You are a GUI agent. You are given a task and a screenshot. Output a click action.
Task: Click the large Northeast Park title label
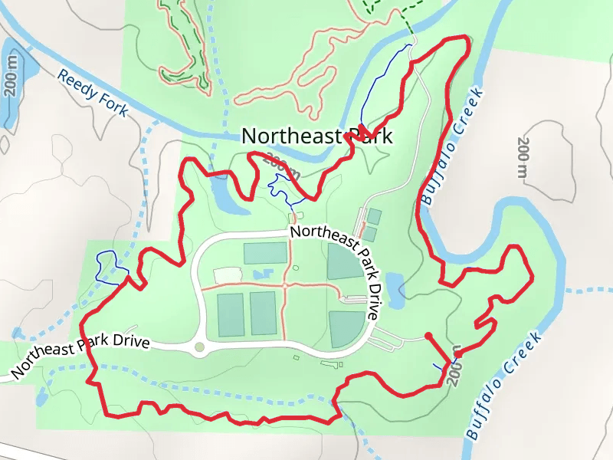click(316, 136)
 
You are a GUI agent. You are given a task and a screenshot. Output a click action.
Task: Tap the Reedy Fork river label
click(93, 94)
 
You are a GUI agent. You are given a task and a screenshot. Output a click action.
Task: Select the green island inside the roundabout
click(200, 347)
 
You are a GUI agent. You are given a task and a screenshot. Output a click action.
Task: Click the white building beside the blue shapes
click(227, 274)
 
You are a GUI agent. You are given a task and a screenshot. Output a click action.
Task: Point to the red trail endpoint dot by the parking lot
click(428, 336)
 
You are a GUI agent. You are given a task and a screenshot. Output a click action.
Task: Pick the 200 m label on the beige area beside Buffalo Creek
click(524, 161)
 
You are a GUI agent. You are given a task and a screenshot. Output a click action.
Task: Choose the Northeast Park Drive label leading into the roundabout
click(80, 354)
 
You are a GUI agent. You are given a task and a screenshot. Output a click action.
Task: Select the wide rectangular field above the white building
click(265, 253)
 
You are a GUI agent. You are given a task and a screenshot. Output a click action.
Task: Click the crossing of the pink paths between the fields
click(284, 285)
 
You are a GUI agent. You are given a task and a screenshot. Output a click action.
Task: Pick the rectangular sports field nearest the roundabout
click(231, 314)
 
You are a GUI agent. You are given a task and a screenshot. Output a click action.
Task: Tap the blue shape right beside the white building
click(259, 274)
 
